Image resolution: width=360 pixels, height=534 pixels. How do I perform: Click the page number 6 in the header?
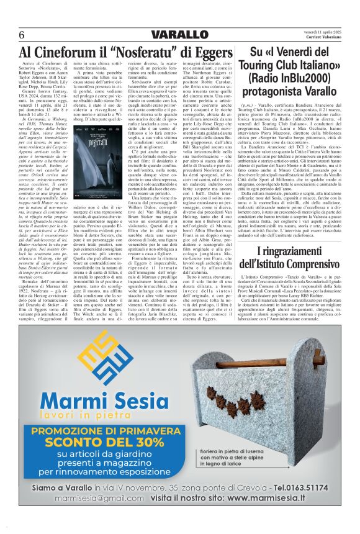[x=21, y=34]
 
